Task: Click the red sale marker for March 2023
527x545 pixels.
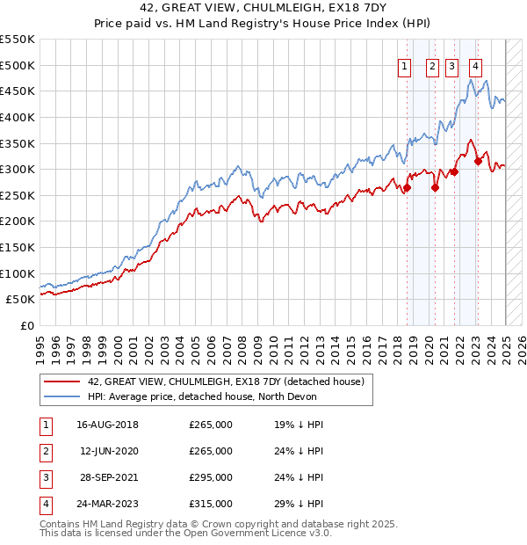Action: point(478,161)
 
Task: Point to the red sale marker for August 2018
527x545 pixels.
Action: point(408,187)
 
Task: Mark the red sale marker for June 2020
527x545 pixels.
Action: point(435,187)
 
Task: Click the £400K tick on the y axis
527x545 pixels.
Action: point(18,117)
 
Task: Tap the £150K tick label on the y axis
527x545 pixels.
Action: point(18,247)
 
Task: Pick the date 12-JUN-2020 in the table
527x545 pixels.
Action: point(108,452)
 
